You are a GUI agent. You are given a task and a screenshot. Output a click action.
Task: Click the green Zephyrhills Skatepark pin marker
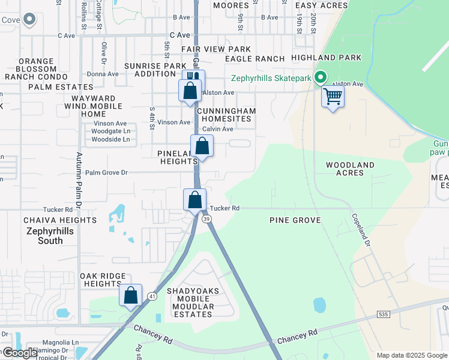click(x=321, y=78)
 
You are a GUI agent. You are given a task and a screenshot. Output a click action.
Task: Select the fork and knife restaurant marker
click(x=193, y=79)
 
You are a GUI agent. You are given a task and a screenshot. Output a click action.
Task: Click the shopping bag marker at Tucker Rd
click(x=194, y=200)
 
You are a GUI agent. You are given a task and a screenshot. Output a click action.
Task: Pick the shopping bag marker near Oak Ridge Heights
click(x=130, y=295)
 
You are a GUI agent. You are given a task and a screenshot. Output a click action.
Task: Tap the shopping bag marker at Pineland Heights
click(x=202, y=146)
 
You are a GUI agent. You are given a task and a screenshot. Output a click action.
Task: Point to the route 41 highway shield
click(x=152, y=296)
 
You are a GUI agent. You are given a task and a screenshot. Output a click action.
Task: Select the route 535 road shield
click(x=384, y=314)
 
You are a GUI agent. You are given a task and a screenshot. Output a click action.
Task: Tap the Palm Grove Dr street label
click(x=107, y=173)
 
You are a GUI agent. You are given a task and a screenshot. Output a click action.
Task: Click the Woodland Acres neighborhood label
click(x=350, y=169)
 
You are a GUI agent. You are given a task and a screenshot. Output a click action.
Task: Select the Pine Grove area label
click(x=295, y=220)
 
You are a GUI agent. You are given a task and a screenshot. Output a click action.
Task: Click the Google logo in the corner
click(x=19, y=353)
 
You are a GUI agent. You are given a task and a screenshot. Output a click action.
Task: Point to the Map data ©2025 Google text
click(x=412, y=355)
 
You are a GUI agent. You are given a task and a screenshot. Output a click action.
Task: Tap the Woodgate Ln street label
click(x=111, y=131)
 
